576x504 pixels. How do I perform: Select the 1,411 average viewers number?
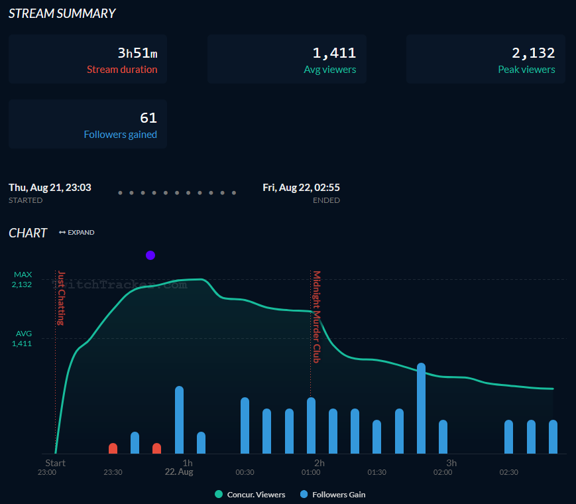pyautogui.click(x=334, y=53)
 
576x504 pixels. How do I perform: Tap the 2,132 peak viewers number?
pyautogui.click(x=533, y=53)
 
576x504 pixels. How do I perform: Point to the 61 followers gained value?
pyautogui.click(x=148, y=118)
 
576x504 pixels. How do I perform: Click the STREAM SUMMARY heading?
pyautogui.click(x=62, y=13)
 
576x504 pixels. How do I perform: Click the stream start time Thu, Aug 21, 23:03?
pyautogui.click(x=50, y=188)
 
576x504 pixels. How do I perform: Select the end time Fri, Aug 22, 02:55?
pyautogui.click(x=301, y=188)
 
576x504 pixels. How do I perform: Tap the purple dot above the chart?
pyautogui.click(x=150, y=255)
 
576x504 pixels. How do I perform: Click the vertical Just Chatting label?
pyautogui.click(x=61, y=298)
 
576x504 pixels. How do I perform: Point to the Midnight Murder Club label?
pyautogui.click(x=317, y=316)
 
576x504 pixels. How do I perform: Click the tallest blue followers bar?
pyautogui.click(x=421, y=408)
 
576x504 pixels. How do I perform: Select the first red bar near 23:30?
pyautogui.click(x=113, y=448)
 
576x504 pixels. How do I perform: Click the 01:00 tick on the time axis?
pyautogui.click(x=311, y=472)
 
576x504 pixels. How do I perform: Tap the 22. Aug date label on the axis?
pyautogui.click(x=179, y=472)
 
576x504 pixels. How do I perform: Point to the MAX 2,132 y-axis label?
pyautogui.click(x=22, y=279)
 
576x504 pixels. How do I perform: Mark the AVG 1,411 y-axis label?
pyautogui.click(x=22, y=338)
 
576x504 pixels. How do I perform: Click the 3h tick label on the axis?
pyautogui.click(x=451, y=463)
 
